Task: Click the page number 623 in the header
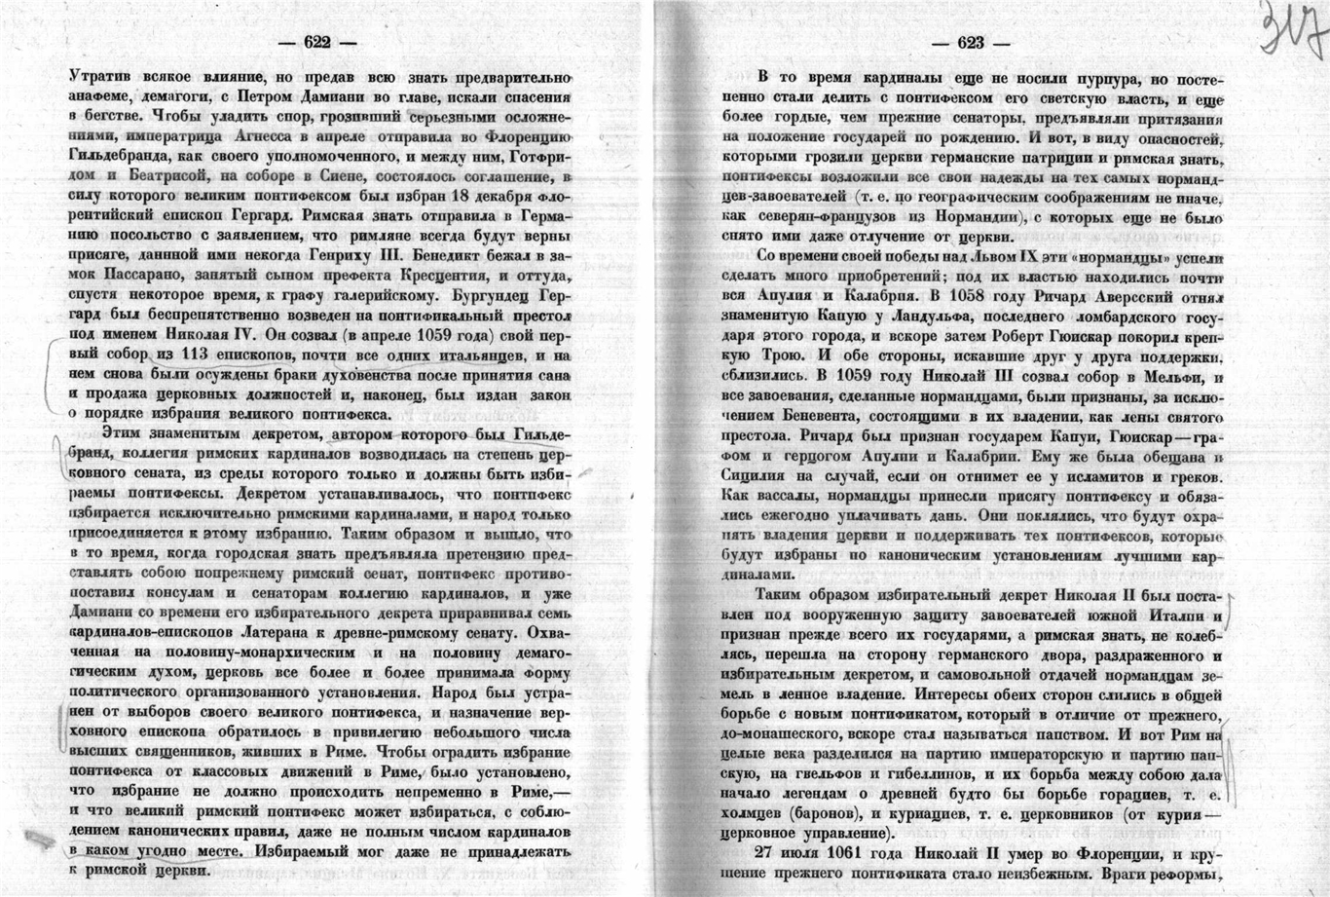click(972, 42)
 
